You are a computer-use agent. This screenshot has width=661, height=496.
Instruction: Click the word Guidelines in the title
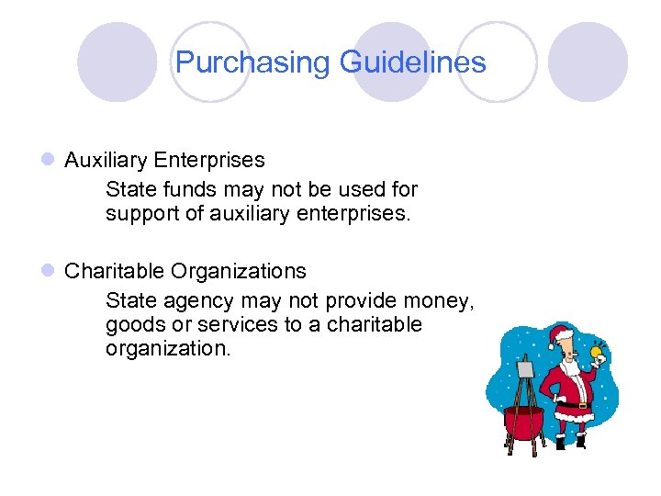click(x=412, y=62)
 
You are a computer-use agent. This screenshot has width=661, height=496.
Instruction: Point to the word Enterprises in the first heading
click(x=209, y=161)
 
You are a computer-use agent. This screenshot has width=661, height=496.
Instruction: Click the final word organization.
click(x=168, y=350)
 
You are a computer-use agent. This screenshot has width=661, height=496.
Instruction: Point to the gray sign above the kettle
click(x=525, y=370)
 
